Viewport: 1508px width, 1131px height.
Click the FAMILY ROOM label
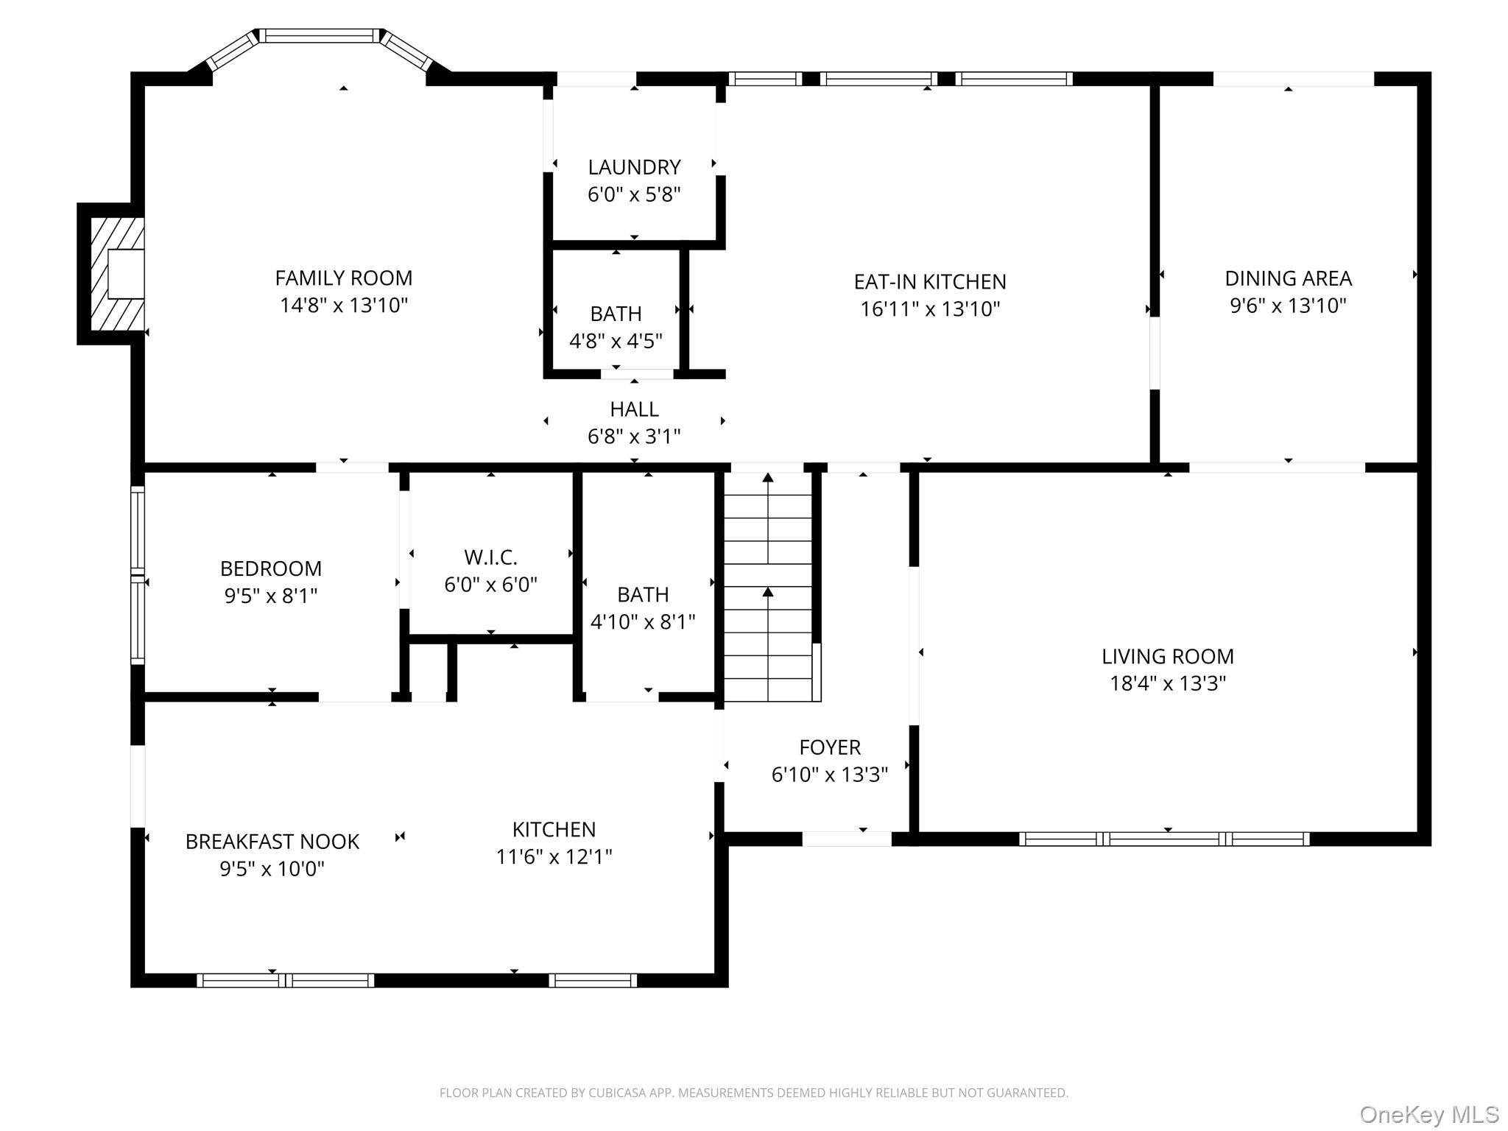[343, 278]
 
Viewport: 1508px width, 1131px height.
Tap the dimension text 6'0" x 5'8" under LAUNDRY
[633, 195]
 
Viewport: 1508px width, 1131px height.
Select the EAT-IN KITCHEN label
[929, 282]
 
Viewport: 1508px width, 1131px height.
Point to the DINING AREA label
[1288, 279]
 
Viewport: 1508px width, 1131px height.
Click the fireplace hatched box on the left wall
[116, 274]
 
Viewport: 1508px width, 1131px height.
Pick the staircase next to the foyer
[769, 587]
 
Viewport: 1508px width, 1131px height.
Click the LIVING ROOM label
[1167, 657]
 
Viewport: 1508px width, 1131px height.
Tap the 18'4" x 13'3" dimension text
[1167, 684]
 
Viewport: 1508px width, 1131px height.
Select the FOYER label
[830, 748]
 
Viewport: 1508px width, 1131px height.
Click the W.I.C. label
[490, 557]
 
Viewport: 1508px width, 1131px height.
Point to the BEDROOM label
[271, 569]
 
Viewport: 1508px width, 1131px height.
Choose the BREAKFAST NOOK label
[272, 842]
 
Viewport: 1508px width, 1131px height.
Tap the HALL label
[634, 409]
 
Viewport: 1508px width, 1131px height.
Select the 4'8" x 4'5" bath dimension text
[616, 342]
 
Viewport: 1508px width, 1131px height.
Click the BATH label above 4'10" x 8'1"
[643, 595]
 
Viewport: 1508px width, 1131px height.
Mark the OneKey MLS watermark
[1428, 1115]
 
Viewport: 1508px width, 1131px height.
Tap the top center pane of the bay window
[320, 35]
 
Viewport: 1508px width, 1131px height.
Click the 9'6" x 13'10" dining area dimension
[1288, 306]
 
